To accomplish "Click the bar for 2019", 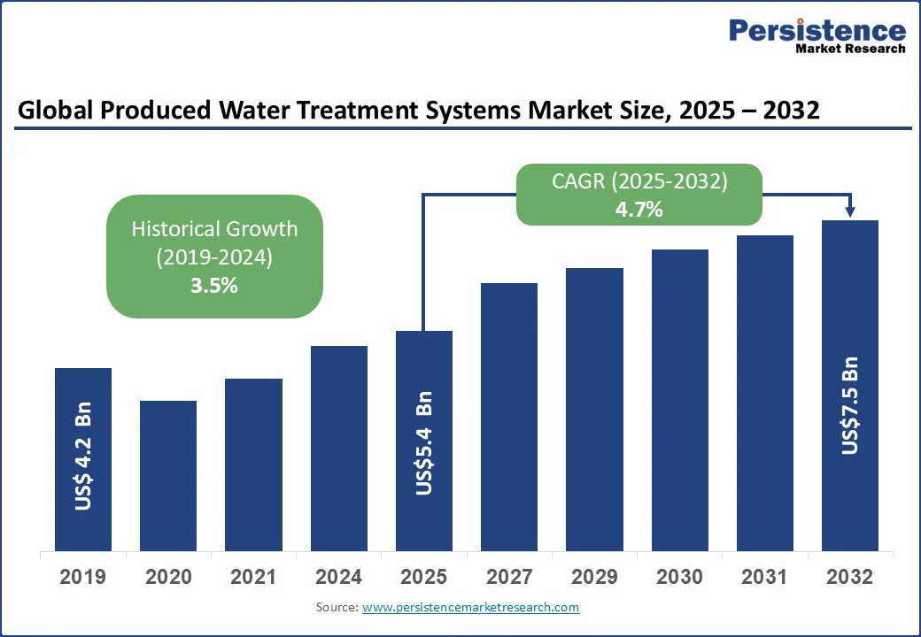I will tap(83, 458).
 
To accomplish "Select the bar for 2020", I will tap(168, 475).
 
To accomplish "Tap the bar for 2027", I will tap(509, 416).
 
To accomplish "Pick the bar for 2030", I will tap(680, 399).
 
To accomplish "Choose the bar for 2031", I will tap(765, 392).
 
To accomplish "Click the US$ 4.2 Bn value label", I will tap(83, 457).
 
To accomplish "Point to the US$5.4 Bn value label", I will tap(424, 442).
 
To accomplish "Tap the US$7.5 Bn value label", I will tap(850, 405).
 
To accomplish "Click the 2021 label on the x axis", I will tap(253, 578).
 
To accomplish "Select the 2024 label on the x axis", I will tap(338, 578).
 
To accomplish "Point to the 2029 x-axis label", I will tap(594, 578).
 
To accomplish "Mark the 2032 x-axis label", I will tap(850, 578).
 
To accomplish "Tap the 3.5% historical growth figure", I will tap(214, 286).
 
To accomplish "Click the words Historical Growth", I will tap(214, 229).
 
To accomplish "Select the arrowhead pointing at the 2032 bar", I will tap(850, 211).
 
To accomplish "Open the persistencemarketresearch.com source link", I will tap(470, 607).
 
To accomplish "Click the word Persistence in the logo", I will tap(817, 31).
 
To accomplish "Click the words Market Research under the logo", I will tap(850, 50).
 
